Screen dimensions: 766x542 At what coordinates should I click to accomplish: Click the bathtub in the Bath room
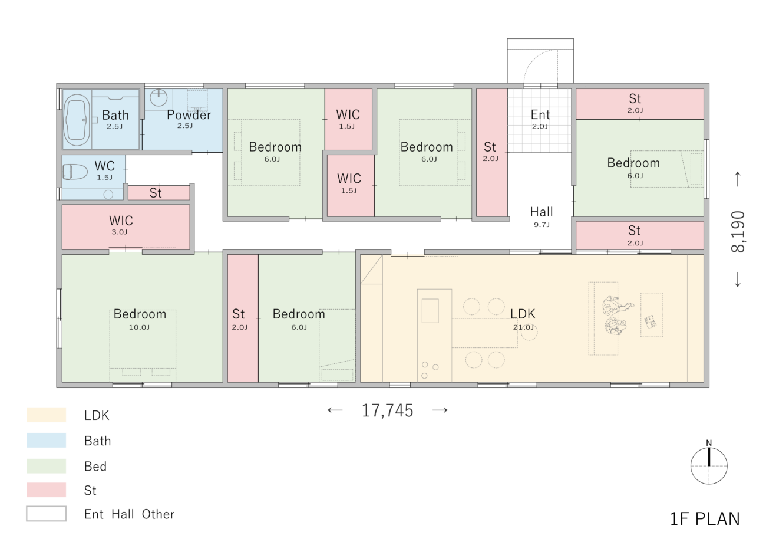(x=77, y=120)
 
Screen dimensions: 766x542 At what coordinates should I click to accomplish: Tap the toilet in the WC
(x=75, y=172)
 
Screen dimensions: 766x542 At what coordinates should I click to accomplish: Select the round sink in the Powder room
(x=159, y=97)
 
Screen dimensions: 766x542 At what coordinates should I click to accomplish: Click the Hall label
(x=542, y=212)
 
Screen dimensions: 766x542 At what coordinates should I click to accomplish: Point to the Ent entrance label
(x=540, y=114)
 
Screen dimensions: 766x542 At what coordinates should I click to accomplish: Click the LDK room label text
(x=523, y=314)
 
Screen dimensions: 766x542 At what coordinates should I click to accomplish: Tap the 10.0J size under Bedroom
(x=139, y=327)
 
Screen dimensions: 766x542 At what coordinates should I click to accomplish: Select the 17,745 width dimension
(x=388, y=410)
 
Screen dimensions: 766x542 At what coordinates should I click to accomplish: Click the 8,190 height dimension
(x=738, y=232)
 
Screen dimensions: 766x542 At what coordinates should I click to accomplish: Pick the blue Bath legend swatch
(x=46, y=441)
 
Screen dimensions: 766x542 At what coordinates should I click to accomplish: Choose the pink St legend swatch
(x=46, y=490)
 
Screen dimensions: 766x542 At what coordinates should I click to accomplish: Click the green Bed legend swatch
(x=46, y=466)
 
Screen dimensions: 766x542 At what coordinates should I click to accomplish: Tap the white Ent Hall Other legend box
(x=46, y=514)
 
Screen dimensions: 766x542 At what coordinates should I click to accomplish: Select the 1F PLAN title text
(x=705, y=519)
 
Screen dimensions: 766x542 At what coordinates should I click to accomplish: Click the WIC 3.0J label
(x=120, y=225)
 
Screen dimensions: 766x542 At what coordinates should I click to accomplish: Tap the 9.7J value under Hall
(x=542, y=225)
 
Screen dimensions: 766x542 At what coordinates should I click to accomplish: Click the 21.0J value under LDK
(x=523, y=327)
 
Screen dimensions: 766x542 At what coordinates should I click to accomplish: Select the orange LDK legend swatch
(x=46, y=415)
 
